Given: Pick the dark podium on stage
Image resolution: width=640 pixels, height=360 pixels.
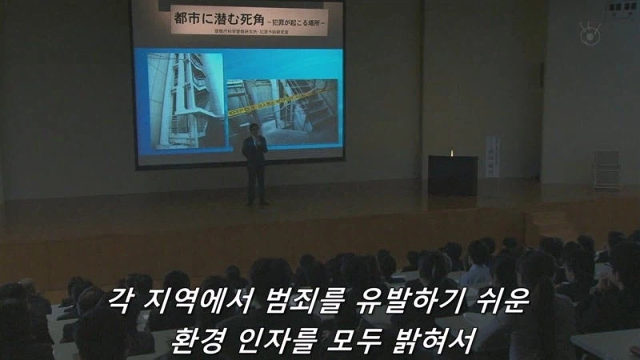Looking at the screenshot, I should tap(453, 174).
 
